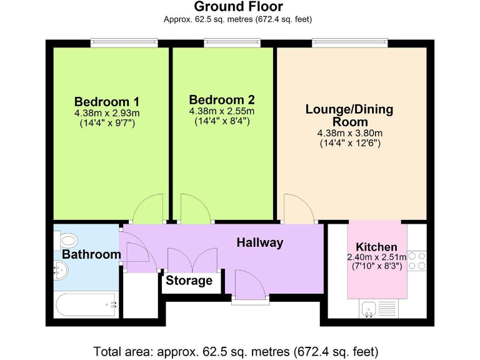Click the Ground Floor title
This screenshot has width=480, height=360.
238,7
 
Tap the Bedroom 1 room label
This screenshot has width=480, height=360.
106,102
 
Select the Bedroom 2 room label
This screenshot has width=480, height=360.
222,100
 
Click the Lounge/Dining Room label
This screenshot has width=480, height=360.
349,116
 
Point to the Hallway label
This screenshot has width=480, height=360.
259,242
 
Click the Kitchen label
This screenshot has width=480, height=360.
376,247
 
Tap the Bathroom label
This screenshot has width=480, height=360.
91,254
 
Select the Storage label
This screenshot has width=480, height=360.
189,281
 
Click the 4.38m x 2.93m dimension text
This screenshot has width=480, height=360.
107,113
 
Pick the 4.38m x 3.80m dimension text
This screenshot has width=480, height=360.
349,133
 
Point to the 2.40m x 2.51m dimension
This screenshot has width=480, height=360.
376,257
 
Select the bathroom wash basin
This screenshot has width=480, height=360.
61,271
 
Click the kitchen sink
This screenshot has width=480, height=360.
368,307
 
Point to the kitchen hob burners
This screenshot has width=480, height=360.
417,261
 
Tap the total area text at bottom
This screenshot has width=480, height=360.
236,351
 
